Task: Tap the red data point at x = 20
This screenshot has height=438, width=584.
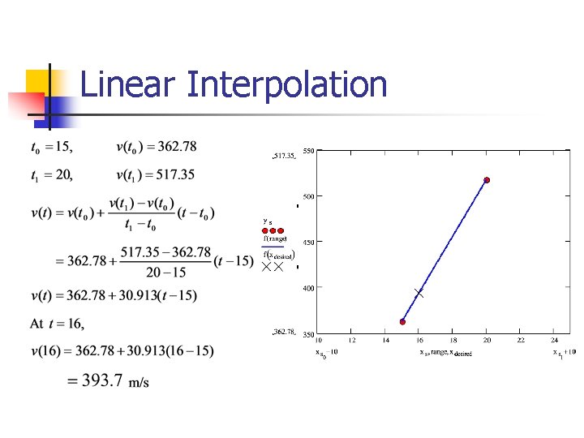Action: click(x=487, y=180)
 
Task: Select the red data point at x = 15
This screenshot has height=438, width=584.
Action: click(x=402, y=322)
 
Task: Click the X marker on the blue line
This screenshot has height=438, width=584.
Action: click(x=419, y=292)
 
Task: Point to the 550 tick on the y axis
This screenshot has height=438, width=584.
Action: click(x=308, y=151)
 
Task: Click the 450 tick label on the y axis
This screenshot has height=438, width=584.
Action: click(x=308, y=243)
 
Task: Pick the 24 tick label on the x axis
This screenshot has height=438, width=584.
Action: click(x=555, y=341)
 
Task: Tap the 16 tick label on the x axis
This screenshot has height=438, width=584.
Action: click(x=419, y=341)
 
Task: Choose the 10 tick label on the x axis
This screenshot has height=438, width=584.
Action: click(x=318, y=341)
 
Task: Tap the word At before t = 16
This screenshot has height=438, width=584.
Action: click(x=36, y=324)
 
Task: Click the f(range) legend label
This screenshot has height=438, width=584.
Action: click(x=275, y=238)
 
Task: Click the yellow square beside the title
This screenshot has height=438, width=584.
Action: click(x=39, y=82)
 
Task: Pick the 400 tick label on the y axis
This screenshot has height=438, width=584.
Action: click(x=308, y=288)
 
